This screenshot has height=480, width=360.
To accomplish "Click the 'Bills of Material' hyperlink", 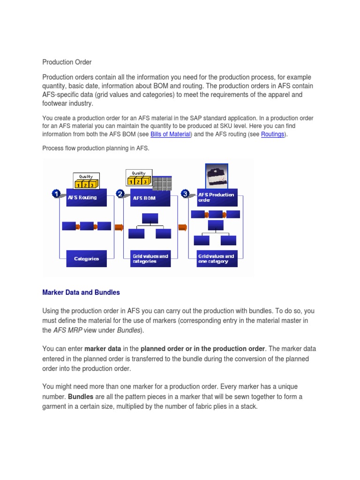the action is coord(171,134).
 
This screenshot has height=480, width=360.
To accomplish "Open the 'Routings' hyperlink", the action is coord(272,134).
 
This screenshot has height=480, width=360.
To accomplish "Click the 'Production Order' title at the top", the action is coord(67,62).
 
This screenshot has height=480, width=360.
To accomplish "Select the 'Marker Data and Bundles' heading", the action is coord(81,292).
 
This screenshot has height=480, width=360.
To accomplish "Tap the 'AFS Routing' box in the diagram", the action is coord(86,197).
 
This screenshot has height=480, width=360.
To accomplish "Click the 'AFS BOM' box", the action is coord(150,198).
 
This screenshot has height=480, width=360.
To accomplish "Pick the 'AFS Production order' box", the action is coord(217,197).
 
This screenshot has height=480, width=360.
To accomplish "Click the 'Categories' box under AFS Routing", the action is coord(86,259).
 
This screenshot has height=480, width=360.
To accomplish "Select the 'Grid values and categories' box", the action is coord(150,259).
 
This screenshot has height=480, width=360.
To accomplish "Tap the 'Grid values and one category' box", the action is coord(217,259).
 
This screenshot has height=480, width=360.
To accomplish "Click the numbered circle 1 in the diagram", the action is coord(56,194).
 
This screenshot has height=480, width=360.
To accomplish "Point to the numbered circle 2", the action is coord(120,194).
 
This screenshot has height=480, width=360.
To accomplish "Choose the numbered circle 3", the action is coord(185,194).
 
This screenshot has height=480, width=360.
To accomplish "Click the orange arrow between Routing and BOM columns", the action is coord(119,227).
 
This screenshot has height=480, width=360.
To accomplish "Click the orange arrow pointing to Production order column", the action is coord(183,227).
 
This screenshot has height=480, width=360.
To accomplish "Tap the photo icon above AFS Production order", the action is coord(217,176).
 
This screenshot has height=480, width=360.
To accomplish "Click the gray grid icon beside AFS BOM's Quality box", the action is coord(162,183).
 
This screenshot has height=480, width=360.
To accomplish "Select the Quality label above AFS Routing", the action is coord(86,177).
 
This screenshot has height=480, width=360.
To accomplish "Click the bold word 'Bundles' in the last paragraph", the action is coord(81,397).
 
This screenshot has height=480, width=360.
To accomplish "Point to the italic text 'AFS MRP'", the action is coord(67,330).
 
